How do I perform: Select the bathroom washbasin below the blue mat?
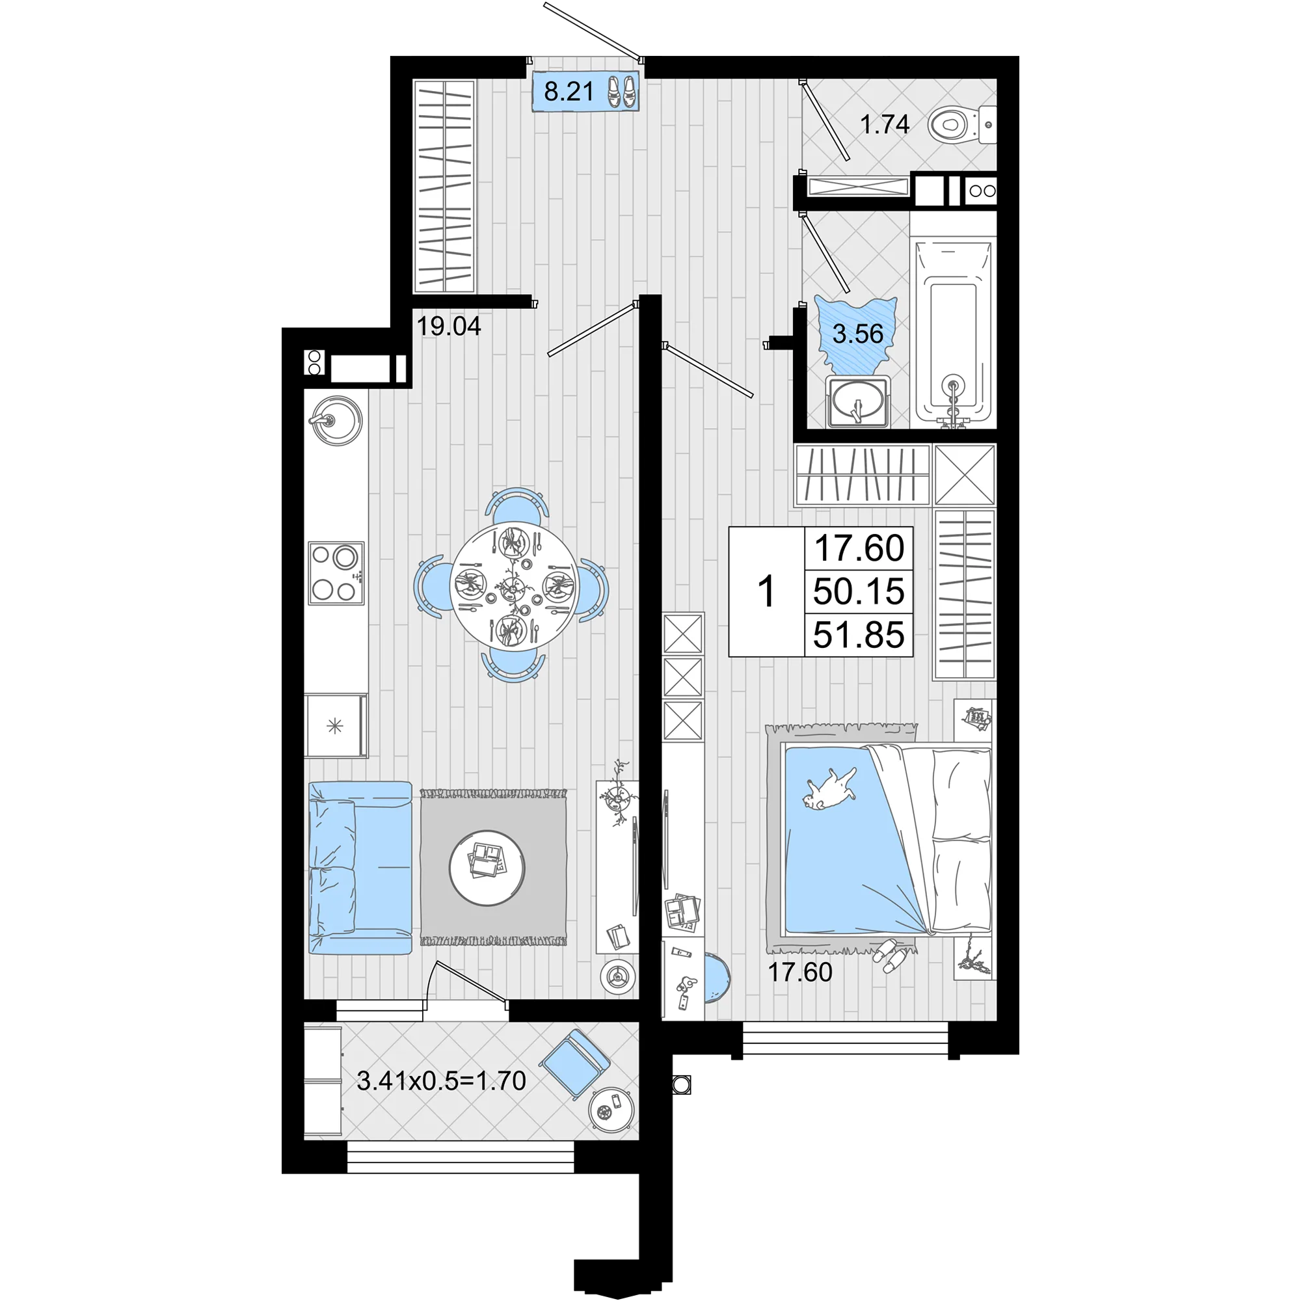(858, 401)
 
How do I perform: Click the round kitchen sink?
(334, 420)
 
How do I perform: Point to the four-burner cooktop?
(336, 572)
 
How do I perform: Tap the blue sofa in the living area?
(360, 867)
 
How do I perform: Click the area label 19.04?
(448, 327)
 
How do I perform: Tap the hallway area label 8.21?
(569, 92)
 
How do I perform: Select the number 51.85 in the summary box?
(859, 634)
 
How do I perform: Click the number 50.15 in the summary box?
(859, 591)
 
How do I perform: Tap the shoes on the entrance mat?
(621, 92)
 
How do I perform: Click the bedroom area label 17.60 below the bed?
(800, 972)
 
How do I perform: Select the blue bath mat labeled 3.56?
(857, 334)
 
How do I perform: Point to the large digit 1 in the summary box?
(766, 592)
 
